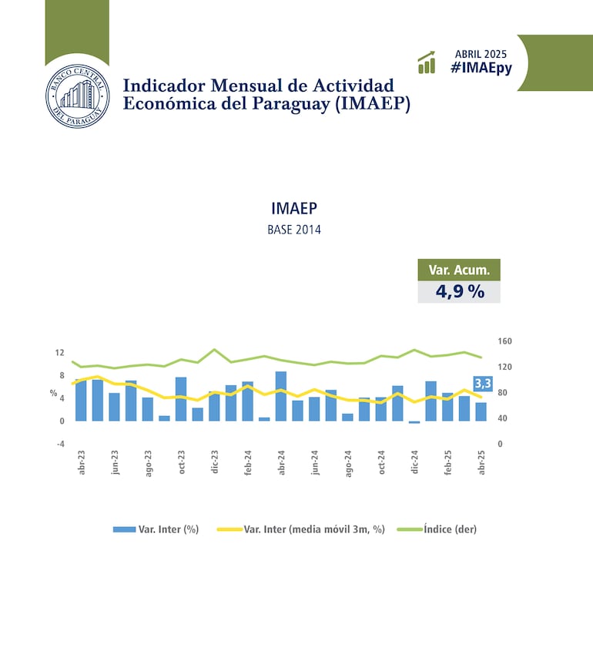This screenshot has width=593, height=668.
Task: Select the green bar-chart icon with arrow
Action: [427, 62]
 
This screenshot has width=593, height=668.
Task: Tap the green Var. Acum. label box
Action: [459, 270]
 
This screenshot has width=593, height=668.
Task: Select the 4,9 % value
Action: [459, 292]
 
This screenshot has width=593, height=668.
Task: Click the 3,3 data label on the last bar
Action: [483, 383]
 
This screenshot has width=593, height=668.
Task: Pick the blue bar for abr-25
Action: [481, 411]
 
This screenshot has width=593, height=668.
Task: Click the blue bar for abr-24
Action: [281, 396]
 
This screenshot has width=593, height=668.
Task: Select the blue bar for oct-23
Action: [181, 399]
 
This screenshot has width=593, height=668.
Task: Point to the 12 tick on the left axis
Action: [59, 353]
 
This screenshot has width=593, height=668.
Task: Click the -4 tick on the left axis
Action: [59, 444]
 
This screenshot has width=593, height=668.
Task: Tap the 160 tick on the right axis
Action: [505, 341]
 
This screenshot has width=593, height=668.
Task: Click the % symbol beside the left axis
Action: [54, 393]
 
